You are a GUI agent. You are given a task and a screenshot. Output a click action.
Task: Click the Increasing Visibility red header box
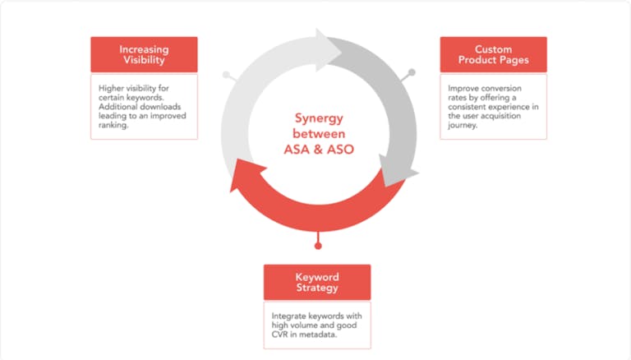pyautogui.click(x=144, y=54)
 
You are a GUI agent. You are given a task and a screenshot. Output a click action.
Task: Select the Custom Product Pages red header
pyautogui.click(x=493, y=54)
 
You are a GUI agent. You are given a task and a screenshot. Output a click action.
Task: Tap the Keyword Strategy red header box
pyautogui.click(x=317, y=282)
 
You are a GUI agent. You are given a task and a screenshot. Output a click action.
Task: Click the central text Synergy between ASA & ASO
pyautogui.click(x=316, y=134)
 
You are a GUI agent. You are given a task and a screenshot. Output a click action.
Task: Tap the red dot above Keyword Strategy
pyautogui.click(x=318, y=245)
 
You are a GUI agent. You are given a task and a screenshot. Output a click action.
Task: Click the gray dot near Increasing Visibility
pyautogui.click(x=226, y=75)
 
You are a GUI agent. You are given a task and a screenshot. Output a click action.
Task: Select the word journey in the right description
pyautogui.click(x=463, y=126)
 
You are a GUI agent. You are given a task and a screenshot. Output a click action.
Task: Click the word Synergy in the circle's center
pyautogui.click(x=317, y=118)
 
